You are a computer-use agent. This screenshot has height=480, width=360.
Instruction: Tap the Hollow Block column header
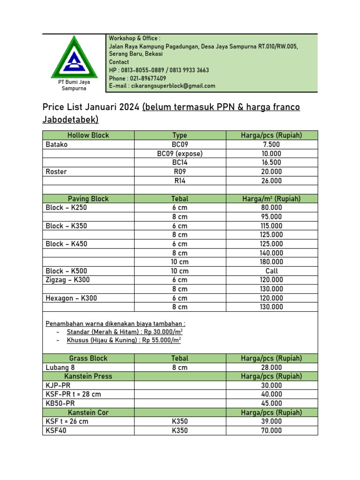tap(88, 135)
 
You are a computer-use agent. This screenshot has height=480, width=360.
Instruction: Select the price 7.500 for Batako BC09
tap(271, 144)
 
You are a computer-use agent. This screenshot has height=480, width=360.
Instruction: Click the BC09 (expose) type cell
tap(180, 154)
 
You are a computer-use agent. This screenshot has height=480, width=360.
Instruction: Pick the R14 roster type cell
tap(180, 180)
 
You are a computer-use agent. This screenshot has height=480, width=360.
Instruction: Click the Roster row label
tap(56, 172)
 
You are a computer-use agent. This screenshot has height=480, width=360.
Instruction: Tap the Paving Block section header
tap(88, 199)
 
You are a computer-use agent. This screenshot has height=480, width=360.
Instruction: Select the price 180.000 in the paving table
tap(271, 262)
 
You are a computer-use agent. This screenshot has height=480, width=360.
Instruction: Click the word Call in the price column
tap(271, 271)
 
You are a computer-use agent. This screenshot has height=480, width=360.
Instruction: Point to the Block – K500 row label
tap(66, 271)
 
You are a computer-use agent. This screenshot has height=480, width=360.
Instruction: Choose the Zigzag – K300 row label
tap(67, 280)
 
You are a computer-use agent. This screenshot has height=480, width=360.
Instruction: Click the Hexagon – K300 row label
tap(71, 298)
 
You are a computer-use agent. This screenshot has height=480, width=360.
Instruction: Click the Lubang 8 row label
tap(59, 367)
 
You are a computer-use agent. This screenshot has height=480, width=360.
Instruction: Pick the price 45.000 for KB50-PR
tap(271, 404)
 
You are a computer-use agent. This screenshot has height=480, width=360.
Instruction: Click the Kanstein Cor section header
tap(88, 412)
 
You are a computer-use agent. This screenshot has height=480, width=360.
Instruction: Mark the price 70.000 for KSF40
tap(271, 431)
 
